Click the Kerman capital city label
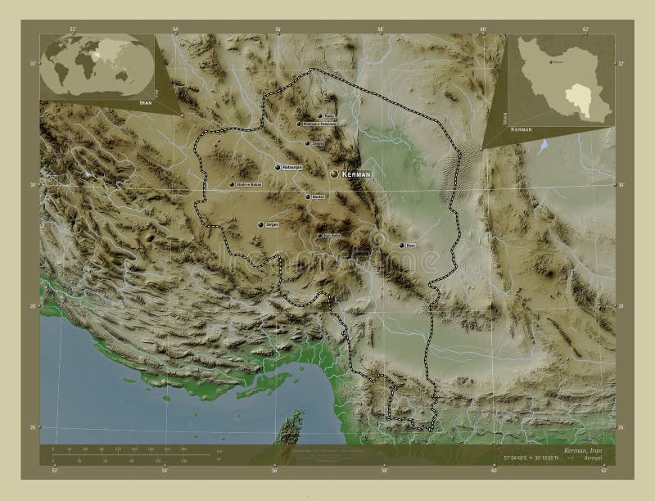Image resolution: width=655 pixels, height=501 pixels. coord(357,175)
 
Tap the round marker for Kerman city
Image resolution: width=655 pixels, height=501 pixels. coord(334,174)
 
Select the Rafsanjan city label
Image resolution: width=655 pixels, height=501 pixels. coord(292,167)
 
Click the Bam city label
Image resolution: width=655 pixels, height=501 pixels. coord(411,245)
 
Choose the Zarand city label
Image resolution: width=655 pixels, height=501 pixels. coord(318,143)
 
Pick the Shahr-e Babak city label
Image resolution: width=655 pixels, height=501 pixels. coord(249,184)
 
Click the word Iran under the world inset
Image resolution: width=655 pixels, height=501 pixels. coord(146,103)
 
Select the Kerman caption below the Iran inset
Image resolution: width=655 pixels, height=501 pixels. coord(522,130)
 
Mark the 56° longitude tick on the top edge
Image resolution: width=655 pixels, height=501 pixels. coord(278,29)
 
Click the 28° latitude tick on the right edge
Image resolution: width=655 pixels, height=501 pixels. coord(620,305)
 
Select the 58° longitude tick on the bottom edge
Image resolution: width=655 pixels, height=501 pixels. coord(382,471)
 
